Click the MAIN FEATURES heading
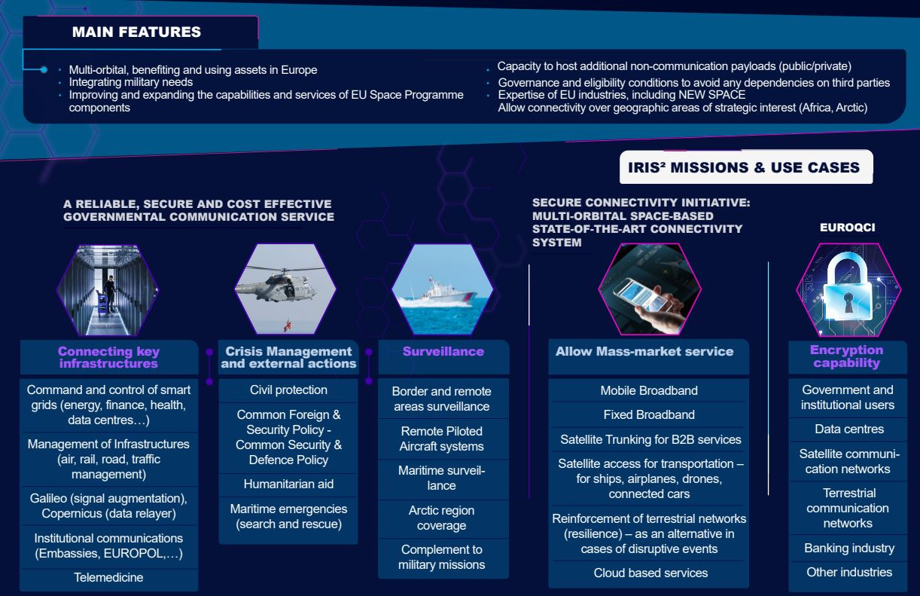pos(136,32)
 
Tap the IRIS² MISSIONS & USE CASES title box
pos(744,167)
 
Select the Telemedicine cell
pos(108,578)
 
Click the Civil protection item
pos(288,390)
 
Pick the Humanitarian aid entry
pos(288,484)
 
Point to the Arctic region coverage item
pos(442,518)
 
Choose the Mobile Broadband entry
pos(649,391)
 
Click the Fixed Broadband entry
pos(649,415)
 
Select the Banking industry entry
pos(849,549)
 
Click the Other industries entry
pos(849,573)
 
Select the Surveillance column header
pos(443,352)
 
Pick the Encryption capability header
pos(847,356)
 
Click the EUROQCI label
pos(847,227)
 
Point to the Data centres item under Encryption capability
pos(849,429)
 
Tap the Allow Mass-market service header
pos(644,352)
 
